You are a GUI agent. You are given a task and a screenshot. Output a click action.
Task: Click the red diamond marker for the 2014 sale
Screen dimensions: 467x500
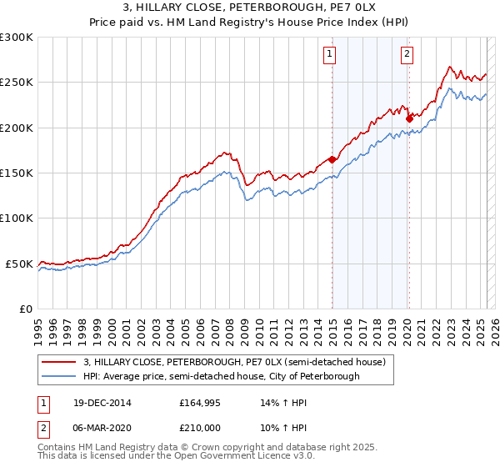[x=332, y=159]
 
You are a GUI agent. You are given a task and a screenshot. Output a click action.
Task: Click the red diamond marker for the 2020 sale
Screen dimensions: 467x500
[x=409, y=118]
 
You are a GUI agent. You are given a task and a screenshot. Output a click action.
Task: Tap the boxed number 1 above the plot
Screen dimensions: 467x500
[x=330, y=55]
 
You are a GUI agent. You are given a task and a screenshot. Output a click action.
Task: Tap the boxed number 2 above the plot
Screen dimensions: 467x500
[x=407, y=55]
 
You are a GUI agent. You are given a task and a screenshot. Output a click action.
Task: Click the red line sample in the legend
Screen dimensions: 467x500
[x=59, y=363]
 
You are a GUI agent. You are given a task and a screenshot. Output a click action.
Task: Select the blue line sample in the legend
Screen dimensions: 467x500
[x=59, y=376]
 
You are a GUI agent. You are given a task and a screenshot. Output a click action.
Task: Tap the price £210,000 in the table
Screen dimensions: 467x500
[x=201, y=427]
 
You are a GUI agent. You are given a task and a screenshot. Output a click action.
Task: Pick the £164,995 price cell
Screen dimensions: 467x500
[x=201, y=403]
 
